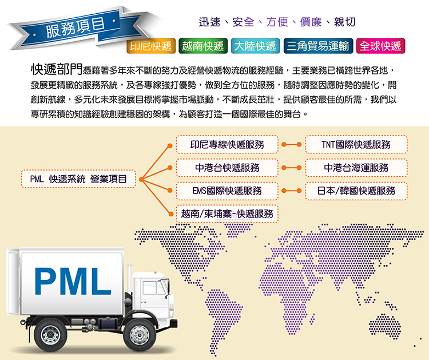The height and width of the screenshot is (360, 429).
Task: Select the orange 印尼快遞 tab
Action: click(150, 46)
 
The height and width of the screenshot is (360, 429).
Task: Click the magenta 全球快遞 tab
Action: click(379, 46)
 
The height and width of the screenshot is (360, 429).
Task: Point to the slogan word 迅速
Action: click(210, 22)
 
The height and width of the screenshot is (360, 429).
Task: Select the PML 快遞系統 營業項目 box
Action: click(78, 179)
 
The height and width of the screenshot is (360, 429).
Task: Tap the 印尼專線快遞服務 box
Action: click(227, 145)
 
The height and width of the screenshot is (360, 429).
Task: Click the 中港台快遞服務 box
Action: click(227, 168)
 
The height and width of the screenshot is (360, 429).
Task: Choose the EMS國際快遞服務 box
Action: click(227, 191)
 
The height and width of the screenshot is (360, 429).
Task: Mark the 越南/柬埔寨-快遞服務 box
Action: click(227, 213)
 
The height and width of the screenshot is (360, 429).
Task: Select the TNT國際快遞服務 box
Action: click(356, 145)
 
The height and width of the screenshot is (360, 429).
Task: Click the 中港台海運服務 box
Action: click(356, 168)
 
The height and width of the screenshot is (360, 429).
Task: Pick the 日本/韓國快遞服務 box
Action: click(356, 191)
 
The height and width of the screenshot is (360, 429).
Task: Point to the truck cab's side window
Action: click(150, 287)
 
